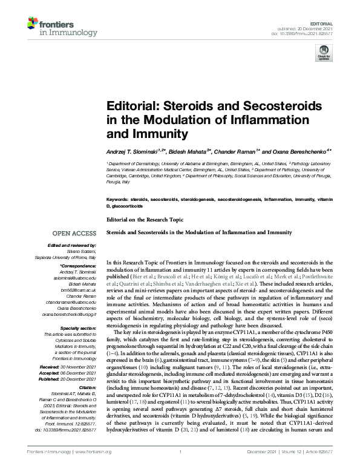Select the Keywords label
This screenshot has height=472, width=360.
[x=117, y=198]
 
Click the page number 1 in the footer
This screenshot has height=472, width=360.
[x=180, y=460]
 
